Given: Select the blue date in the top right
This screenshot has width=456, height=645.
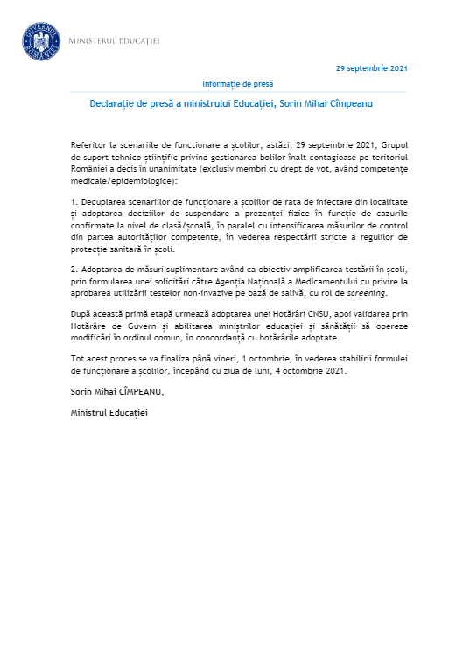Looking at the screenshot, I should [371, 68].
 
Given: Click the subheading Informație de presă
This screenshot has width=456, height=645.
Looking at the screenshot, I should [237, 84].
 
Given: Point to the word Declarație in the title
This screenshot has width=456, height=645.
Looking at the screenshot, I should [119, 103].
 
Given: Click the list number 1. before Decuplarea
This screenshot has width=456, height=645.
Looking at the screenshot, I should [74, 202].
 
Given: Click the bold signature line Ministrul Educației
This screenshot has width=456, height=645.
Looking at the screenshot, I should [109, 411].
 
